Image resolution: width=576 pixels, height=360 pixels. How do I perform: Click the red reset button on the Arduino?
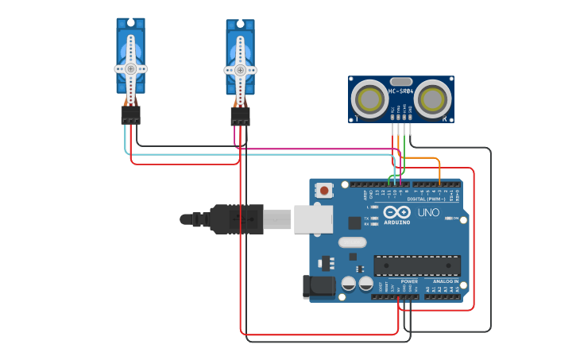[x=324, y=190]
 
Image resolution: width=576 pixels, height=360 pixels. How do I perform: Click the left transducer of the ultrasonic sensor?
[x=369, y=99]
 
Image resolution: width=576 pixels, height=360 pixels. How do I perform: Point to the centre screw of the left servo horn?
[x=130, y=69]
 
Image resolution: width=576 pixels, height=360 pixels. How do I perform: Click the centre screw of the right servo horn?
[x=240, y=70]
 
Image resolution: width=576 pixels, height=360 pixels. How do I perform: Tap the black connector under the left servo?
[x=130, y=116]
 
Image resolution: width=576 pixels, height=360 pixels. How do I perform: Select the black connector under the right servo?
[x=240, y=117]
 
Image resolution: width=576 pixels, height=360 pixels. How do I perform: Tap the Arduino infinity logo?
[x=396, y=212]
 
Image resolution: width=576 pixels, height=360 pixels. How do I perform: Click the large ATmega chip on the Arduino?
[x=416, y=265]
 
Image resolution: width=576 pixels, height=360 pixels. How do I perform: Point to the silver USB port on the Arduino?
[x=313, y=219]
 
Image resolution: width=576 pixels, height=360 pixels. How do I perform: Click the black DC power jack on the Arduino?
[x=318, y=287]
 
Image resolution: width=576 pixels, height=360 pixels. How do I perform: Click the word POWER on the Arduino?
[x=409, y=281]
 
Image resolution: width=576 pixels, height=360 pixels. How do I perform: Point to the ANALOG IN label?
[x=446, y=281]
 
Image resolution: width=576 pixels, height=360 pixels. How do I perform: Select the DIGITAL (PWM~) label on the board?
[x=426, y=199]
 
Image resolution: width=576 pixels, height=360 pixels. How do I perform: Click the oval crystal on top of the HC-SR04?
[x=401, y=81]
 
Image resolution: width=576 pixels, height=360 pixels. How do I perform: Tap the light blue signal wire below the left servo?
[x=126, y=141]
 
